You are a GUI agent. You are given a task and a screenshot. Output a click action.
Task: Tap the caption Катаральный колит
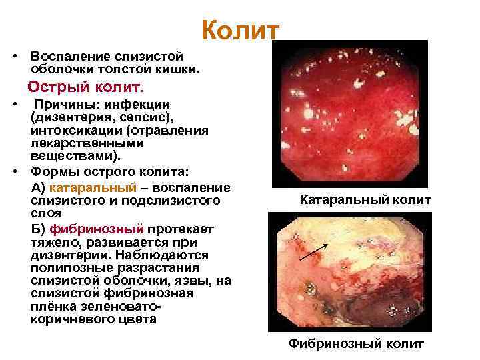tap(365, 200)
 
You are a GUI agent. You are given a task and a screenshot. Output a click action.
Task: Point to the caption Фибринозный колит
tap(355, 344)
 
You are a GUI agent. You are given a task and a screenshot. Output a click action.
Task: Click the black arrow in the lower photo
tap(313, 252)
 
